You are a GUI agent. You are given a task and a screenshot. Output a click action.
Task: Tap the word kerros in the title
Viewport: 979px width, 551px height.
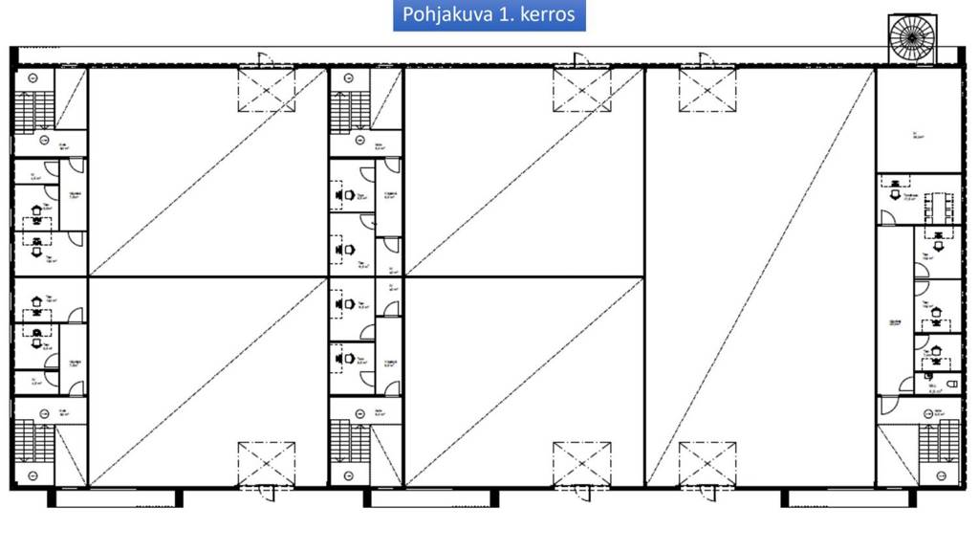(547, 15)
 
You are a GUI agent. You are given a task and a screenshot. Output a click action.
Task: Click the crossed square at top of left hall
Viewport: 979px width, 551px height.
(267, 89)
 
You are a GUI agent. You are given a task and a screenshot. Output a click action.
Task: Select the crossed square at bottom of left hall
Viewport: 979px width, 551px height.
(267, 463)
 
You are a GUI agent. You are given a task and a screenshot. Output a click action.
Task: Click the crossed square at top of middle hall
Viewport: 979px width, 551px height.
(581, 89)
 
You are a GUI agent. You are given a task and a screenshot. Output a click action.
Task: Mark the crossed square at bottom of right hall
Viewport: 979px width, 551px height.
(707, 463)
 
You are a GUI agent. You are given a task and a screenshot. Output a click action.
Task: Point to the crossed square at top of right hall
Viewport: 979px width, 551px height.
(707, 89)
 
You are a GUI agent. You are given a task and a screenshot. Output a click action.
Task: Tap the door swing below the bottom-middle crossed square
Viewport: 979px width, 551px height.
(581, 494)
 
